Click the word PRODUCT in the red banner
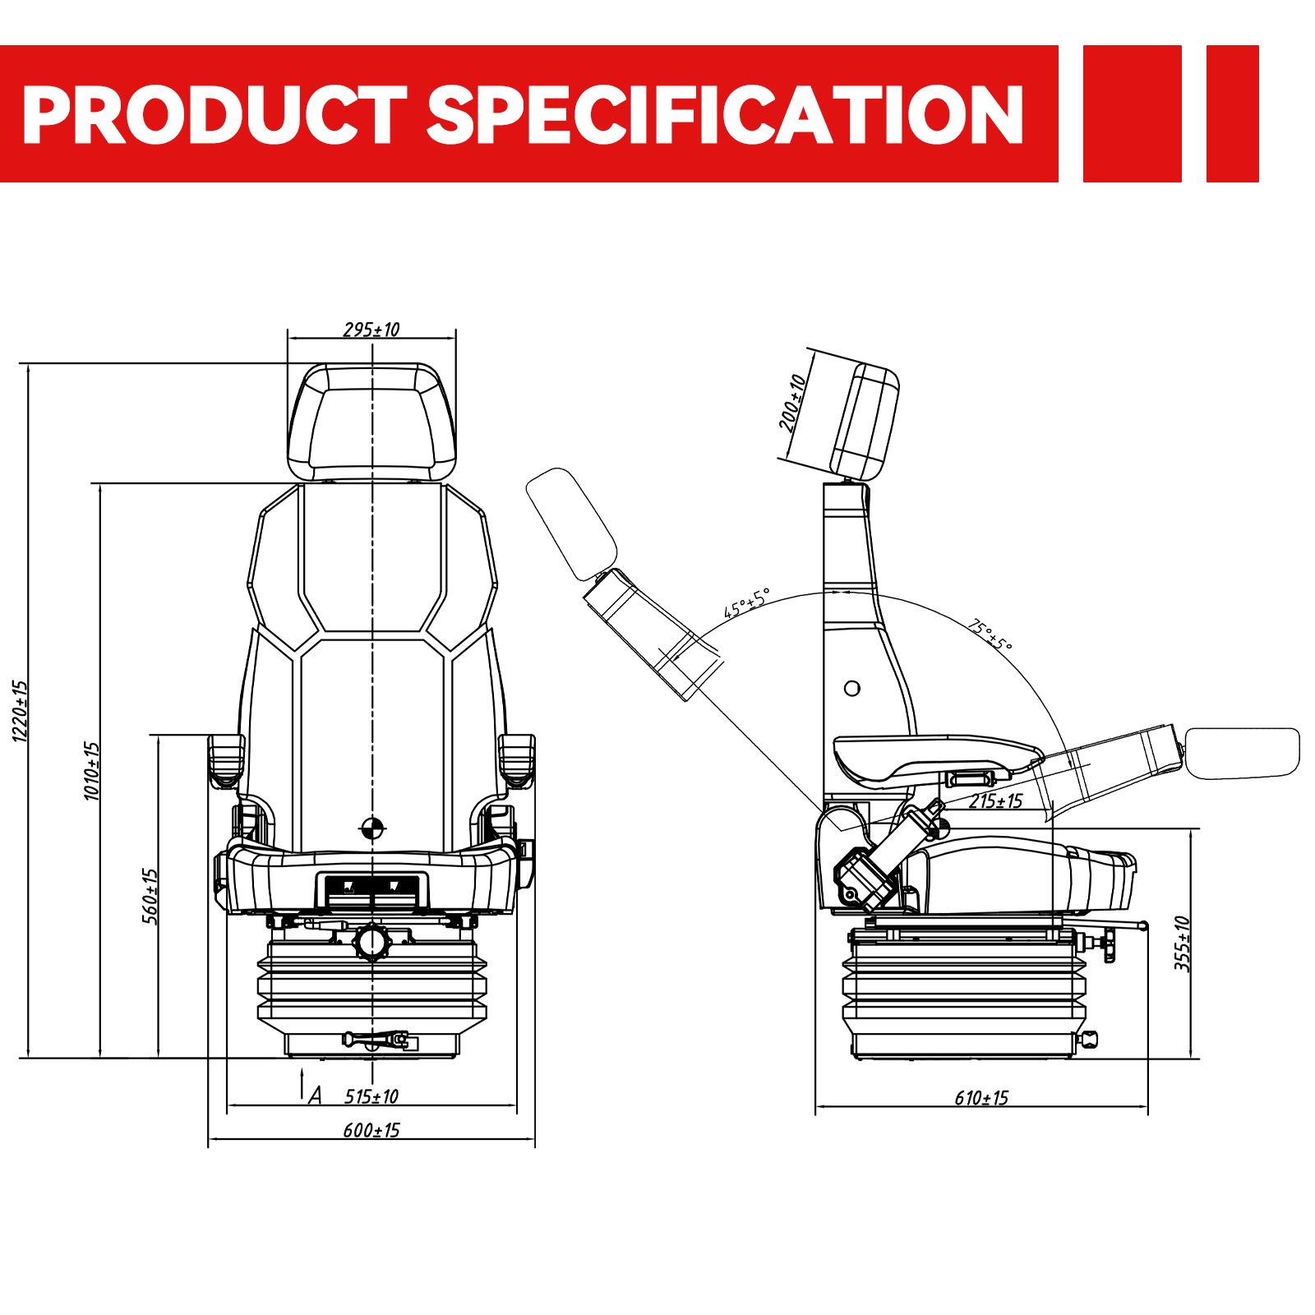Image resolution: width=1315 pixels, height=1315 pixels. pyautogui.click(x=215, y=114)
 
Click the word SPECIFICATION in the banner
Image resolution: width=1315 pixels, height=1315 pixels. pyautogui.click(x=726, y=114)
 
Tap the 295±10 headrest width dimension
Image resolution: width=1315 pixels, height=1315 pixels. pyautogui.click(x=371, y=330)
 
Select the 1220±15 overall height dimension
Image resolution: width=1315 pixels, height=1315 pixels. pyautogui.click(x=20, y=711)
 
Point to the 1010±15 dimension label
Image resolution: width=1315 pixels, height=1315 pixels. pyautogui.click(x=91, y=771)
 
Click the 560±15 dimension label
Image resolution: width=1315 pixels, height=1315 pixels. pyautogui.click(x=150, y=896)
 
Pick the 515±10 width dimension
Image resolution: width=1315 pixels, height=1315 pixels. pyautogui.click(x=371, y=1096)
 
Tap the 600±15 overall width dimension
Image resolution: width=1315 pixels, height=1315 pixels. pyautogui.click(x=371, y=1130)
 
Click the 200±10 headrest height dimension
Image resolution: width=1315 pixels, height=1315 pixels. pyautogui.click(x=792, y=403)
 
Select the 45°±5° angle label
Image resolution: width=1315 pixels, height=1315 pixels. pyautogui.click(x=746, y=603)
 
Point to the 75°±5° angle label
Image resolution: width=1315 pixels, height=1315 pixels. pyautogui.click(x=990, y=635)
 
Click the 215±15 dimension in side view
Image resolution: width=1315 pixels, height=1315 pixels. pyautogui.click(x=995, y=801)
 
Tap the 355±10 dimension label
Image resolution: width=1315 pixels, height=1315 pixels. pyautogui.click(x=1182, y=944)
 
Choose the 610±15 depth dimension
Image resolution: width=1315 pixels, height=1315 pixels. pyautogui.click(x=981, y=1098)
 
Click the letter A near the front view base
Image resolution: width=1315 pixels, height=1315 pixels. pyautogui.click(x=315, y=1095)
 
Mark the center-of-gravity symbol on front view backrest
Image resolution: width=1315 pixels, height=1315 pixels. pyautogui.click(x=372, y=828)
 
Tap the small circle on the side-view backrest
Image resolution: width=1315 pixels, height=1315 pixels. pyautogui.click(x=852, y=688)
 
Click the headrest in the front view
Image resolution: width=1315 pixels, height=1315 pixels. pyautogui.click(x=371, y=422)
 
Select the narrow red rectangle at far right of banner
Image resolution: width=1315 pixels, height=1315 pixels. pyautogui.click(x=1232, y=113)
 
